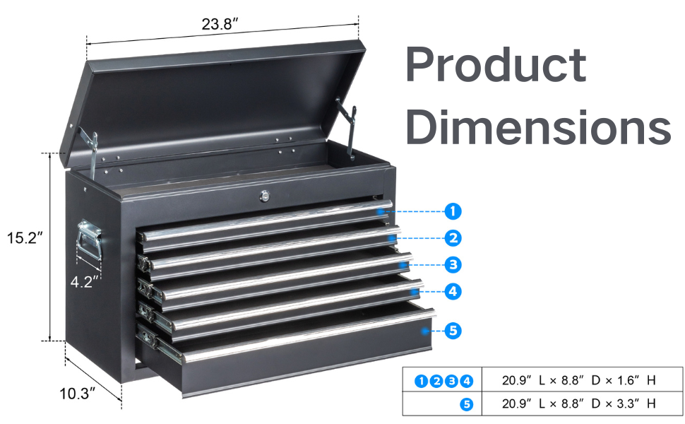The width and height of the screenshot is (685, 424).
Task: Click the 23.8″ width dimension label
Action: coord(220,24)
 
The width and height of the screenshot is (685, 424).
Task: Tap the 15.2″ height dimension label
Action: coord(25,238)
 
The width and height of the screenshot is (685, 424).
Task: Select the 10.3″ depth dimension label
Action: coord(77,394)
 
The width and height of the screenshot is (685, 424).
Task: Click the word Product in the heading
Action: coord(495,66)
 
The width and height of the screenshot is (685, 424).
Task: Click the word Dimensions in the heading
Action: coord(537,127)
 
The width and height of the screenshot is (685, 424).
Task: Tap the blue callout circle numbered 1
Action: coord(453,211)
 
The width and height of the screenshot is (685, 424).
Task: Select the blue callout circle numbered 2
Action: coord(453,237)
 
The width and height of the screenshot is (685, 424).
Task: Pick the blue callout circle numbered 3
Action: coord(453,265)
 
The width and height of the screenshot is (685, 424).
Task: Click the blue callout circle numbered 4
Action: coord(453,290)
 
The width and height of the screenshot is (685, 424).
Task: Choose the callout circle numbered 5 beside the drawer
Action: coord(453,330)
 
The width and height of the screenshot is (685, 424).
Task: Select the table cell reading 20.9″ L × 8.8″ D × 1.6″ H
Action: coord(578,380)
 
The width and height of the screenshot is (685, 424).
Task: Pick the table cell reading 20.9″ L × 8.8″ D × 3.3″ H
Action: coord(578,404)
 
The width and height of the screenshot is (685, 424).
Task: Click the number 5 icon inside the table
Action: coord(466,404)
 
